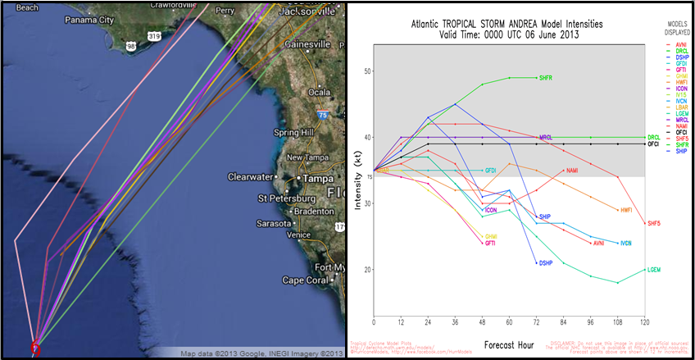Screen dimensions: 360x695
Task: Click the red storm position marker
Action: pyautogui.click(x=34, y=348)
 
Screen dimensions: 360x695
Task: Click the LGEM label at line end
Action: pyautogui.click(x=654, y=270)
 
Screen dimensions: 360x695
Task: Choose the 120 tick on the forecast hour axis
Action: pyautogui.click(x=646, y=322)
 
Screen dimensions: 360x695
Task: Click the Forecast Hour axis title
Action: pyautogui.click(x=510, y=344)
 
